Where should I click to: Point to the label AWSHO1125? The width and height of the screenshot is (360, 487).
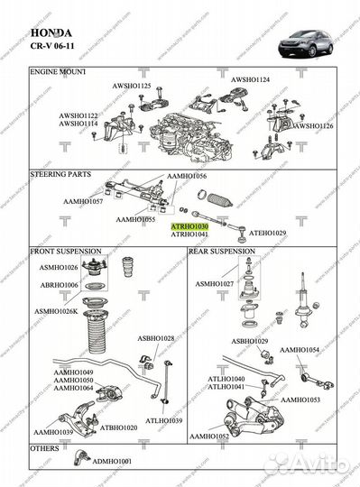(132, 85)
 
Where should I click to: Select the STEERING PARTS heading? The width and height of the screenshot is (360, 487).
(62, 170)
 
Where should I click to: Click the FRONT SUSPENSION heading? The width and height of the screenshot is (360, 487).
(68, 251)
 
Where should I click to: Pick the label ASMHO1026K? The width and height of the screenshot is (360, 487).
(56, 311)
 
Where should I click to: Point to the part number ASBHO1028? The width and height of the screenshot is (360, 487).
(156, 338)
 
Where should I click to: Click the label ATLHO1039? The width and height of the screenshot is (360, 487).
(163, 420)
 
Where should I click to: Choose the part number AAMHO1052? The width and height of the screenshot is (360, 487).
(209, 436)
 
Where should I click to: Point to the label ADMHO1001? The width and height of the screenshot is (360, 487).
(111, 460)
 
